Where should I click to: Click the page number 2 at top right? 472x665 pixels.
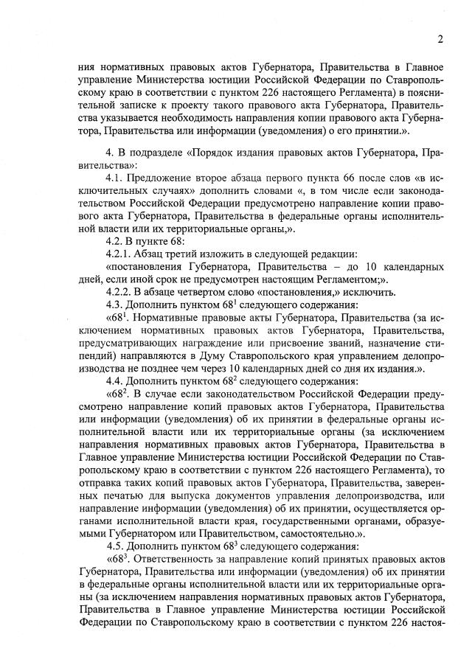point(439,39)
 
